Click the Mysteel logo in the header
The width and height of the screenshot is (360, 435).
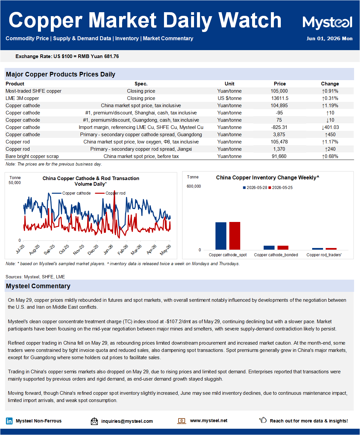click(x=327, y=22)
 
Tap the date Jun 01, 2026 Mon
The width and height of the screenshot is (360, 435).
click(x=329, y=39)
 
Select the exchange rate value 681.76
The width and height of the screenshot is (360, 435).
click(x=112, y=56)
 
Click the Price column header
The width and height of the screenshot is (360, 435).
click(x=280, y=84)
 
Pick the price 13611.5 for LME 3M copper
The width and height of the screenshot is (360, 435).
click(x=280, y=98)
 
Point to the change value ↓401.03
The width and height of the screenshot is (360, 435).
click(x=330, y=127)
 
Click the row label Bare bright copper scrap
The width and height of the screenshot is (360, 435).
click(x=32, y=156)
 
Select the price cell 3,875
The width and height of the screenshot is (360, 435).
click(x=279, y=135)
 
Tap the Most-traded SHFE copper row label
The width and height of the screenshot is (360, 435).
click(x=34, y=91)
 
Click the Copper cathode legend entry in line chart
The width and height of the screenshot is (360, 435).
click(x=71, y=193)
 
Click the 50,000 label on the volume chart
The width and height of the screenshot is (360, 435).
click(x=15, y=183)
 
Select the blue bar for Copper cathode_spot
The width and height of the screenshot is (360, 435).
click(x=221, y=236)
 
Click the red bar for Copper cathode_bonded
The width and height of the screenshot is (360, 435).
click(x=283, y=248)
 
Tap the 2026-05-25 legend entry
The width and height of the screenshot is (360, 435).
click(x=280, y=188)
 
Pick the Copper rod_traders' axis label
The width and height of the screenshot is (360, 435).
click(x=324, y=255)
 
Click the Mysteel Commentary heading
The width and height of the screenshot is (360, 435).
click(x=38, y=286)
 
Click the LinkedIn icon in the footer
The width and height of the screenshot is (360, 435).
click(x=9, y=421)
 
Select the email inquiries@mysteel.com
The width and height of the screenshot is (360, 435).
click(x=127, y=421)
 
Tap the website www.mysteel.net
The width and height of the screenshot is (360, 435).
click(x=209, y=420)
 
